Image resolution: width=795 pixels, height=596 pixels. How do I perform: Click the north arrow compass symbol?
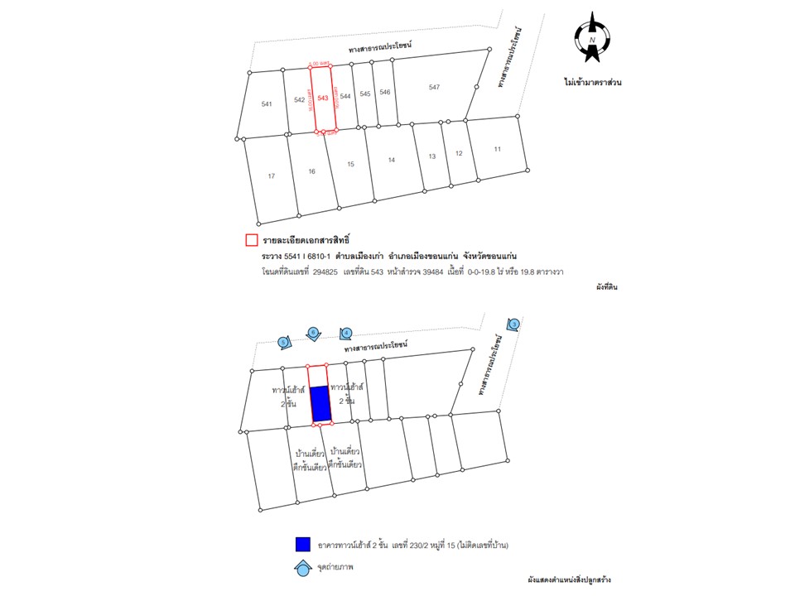click(x=592, y=38)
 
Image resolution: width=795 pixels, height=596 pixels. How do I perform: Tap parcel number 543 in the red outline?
click(x=323, y=98)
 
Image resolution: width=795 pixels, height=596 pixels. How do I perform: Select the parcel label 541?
click(x=267, y=104)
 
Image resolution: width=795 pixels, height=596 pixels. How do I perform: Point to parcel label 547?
click(x=434, y=87)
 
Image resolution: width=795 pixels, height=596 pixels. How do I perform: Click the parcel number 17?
click(x=271, y=176)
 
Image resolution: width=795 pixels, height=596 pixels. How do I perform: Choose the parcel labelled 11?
click(x=497, y=149)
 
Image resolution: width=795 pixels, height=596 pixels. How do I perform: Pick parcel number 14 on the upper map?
click(x=392, y=160)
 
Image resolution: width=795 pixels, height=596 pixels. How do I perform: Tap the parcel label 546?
click(x=384, y=92)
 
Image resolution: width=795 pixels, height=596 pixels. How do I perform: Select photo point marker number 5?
click(x=283, y=341)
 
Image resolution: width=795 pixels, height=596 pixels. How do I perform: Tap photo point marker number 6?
click(x=313, y=333)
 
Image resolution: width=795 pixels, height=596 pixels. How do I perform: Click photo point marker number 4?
click(x=347, y=334)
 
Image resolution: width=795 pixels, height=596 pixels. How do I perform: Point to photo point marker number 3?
click(x=513, y=324)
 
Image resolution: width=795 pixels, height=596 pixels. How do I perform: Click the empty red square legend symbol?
click(x=251, y=241)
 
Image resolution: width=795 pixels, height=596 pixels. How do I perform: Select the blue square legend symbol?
click(x=303, y=544)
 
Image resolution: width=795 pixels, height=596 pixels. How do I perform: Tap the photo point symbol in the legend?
click(x=303, y=569)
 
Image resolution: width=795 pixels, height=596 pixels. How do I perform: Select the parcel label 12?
click(x=459, y=154)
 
